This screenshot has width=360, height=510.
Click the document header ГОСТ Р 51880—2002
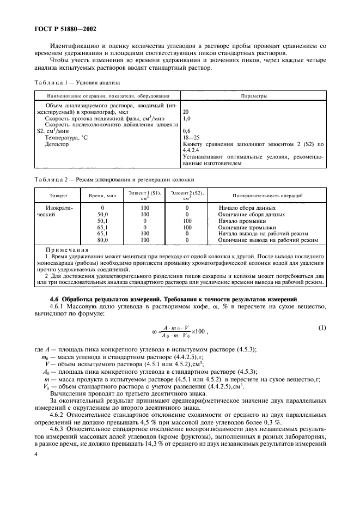point(62,28)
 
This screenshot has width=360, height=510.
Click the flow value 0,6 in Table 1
point(187,131)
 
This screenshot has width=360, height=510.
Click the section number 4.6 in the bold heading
point(54,300)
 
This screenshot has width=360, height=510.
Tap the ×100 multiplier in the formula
point(194,331)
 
